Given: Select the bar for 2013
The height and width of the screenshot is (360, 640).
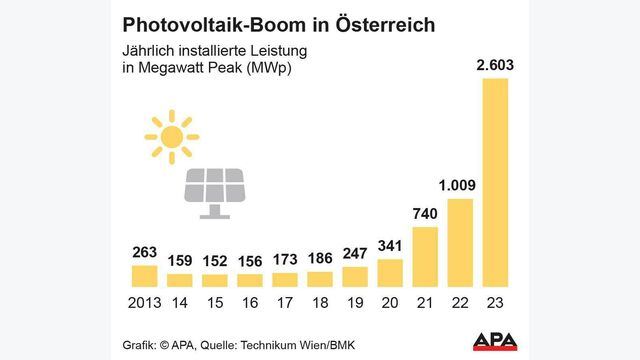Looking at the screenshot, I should pos(145,275).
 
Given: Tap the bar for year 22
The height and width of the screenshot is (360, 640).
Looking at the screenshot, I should pos(460,242).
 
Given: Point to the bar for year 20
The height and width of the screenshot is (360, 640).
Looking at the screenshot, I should pos(390,272).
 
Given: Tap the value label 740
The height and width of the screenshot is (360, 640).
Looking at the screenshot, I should pos(425,214).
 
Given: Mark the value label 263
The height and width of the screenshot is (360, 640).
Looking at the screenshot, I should pos(145,253).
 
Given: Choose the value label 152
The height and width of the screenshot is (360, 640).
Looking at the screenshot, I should pos(215,263).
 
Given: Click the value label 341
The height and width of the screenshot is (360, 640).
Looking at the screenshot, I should pos(390,246).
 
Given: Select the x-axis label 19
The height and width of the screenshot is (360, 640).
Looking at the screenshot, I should pos(355,301).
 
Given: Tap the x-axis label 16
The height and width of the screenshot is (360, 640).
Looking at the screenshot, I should pos(250,301).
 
